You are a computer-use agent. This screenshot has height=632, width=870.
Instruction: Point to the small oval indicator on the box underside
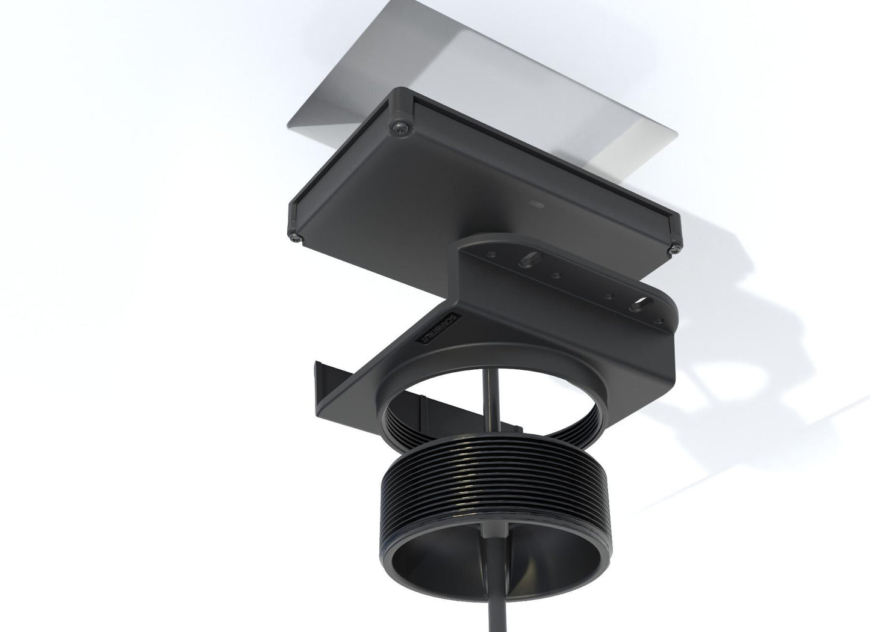(535, 204)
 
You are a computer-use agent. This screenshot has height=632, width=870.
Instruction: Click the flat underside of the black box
(470, 180)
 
